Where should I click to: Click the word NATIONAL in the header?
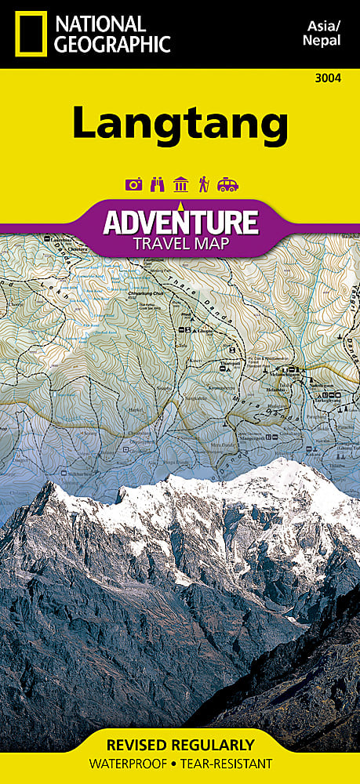99,24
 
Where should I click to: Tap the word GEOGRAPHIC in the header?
113,44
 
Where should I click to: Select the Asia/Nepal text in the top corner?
321,32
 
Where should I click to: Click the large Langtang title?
180,124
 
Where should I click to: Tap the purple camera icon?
133,185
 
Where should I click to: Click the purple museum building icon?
180,185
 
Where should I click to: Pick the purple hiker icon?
203,185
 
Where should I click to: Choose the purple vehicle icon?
227,185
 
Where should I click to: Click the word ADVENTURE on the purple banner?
180,223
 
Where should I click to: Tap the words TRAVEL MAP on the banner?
180,243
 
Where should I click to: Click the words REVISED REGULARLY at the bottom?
180,744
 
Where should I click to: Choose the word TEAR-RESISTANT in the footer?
228,763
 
